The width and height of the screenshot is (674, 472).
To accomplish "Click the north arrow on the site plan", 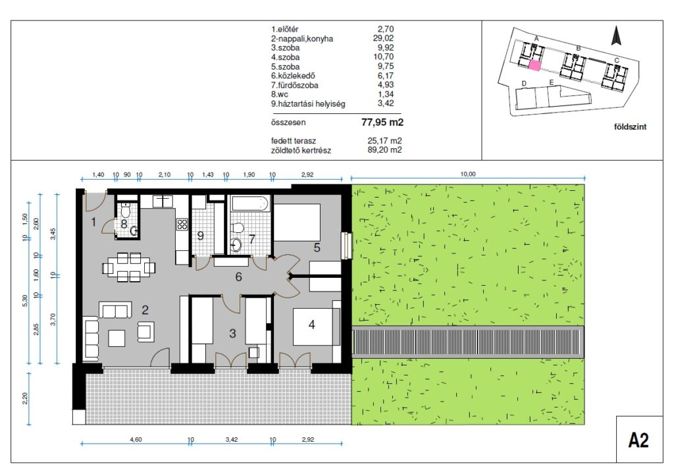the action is point(616,36).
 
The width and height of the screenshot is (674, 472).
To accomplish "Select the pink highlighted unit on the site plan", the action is point(534,65).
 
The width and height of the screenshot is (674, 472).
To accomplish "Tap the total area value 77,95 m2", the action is point(382,122).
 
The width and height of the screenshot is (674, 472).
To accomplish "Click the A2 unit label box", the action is point(639,439).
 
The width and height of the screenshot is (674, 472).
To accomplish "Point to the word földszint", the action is point(630,127).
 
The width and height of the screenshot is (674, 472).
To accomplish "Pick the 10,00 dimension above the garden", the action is point(468,174).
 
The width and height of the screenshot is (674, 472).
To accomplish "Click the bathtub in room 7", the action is point(250,203).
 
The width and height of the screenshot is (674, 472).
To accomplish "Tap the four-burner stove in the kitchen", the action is point(182,224).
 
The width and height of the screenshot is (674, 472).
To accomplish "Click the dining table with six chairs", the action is point(128,267).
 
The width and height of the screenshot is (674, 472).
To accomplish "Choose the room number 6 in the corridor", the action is point(238,277).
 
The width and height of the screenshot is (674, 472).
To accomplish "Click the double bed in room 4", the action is point(317,327).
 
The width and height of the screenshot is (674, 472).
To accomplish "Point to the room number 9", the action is point(200,236).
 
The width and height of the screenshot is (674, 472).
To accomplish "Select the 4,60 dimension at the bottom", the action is point(136,439).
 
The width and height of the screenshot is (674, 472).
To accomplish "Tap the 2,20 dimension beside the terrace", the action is point(25,398).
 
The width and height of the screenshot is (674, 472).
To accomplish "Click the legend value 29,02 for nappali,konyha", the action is point(384,38).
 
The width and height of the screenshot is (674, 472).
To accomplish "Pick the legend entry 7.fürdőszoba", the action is point(295,85).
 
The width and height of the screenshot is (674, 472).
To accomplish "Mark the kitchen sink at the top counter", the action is point(163,201).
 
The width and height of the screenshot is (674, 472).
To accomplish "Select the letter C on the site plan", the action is point(616,60).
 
